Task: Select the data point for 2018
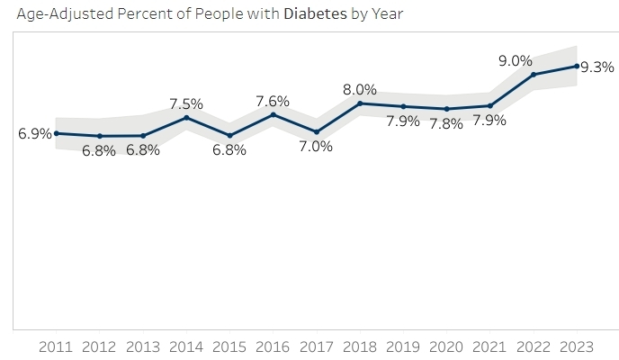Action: point(360,103)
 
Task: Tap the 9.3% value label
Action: point(597,67)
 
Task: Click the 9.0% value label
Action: point(516,61)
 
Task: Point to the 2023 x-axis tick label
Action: point(576,346)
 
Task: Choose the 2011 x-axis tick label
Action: point(57,346)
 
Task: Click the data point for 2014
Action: point(186,118)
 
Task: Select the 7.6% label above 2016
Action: point(273,101)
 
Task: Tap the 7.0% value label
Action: point(316,146)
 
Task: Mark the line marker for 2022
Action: point(533,75)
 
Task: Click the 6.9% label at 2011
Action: point(35,134)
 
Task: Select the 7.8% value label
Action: point(446,124)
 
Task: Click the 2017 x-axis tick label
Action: point(316,346)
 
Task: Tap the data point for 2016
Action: point(273,114)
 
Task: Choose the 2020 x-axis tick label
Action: point(446,346)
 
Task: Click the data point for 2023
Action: point(576,66)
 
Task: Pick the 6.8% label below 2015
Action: point(229,150)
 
